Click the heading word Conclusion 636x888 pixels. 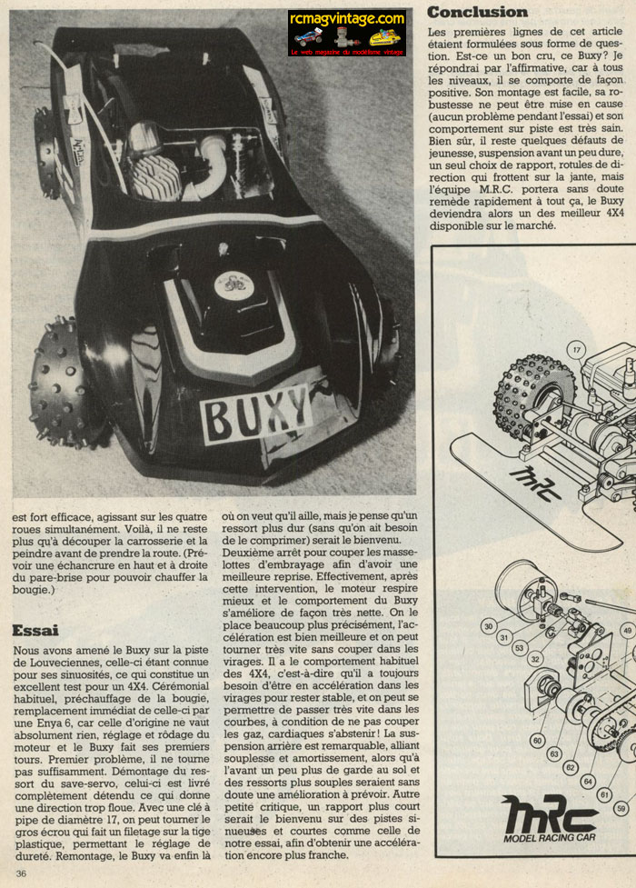(477, 12)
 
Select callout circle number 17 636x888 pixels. (575, 348)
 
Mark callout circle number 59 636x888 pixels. (621, 805)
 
